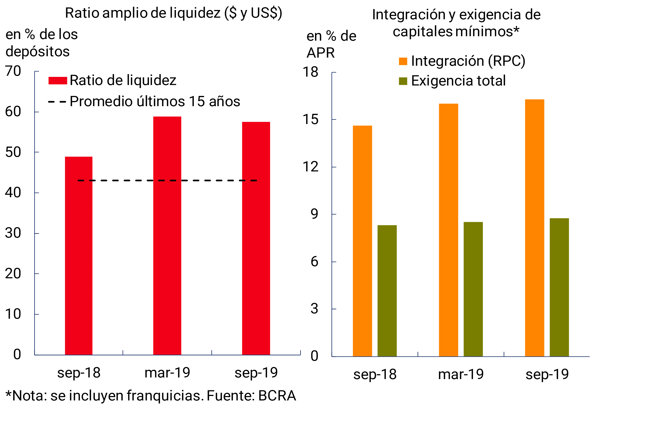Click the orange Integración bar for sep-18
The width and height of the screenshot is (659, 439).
coord(362,241)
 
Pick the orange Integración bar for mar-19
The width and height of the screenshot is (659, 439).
coord(448,230)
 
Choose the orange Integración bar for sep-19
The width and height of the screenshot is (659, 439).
coord(534,228)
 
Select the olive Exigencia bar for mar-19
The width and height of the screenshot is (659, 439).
coord(473,289)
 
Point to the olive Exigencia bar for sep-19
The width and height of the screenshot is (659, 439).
coord(559,287)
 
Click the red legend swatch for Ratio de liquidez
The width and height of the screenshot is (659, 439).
coord(58,81)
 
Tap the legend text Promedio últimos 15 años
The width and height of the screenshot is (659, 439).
coord(155,101)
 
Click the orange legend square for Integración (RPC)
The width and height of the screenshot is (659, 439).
coord(403,61)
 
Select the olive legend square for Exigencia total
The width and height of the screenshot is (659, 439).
coord(403,81)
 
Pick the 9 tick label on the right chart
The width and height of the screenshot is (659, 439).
coord(314,214)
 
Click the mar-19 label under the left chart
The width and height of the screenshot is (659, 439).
coord(167,373)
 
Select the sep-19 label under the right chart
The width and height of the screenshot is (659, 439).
coord(547,374)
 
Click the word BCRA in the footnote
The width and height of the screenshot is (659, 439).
coord(277,396)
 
